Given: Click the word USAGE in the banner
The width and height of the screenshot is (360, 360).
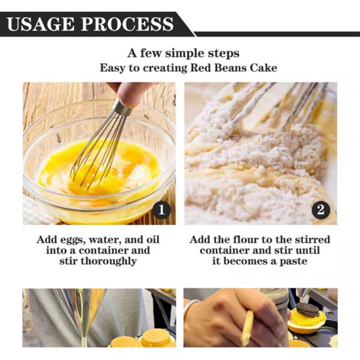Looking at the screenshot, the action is tap(41, 24).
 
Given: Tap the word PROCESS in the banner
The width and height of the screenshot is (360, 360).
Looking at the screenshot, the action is tap(127, 24).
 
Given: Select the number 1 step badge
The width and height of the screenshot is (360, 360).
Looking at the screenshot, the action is tap(161, 210).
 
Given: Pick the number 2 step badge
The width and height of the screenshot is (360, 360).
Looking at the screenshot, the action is tap(321, 210).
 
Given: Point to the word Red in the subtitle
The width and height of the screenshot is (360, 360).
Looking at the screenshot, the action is tap(199, 68).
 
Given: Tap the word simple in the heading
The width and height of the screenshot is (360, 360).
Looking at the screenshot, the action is tap(185, 54).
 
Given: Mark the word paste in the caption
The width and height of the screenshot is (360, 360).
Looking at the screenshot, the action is tap(293, 262).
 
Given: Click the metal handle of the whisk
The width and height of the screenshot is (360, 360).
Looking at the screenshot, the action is tap(122, 108).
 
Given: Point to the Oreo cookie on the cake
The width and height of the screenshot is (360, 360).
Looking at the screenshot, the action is tap(307, 310).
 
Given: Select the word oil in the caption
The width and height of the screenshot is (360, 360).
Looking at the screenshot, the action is tap(152, 239).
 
